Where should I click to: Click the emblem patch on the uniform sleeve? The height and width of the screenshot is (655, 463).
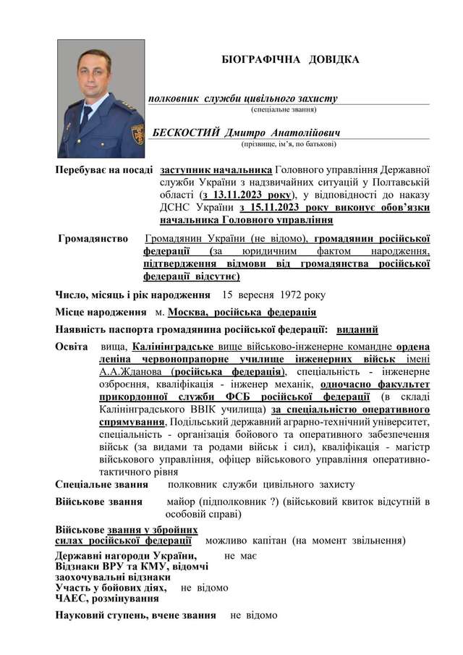(x=137, y=135)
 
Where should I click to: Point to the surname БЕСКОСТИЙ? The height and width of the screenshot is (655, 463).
(x=185, y=132)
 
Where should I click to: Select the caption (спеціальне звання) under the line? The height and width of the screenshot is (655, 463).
(x=283, y=109)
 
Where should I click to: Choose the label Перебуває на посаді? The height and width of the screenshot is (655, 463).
(x=104, y=170)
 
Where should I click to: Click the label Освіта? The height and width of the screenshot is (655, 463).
(x=72, y=347)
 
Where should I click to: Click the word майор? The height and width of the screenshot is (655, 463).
(x=180, y=502)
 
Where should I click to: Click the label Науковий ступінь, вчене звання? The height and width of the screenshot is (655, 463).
(x=135, y=615)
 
